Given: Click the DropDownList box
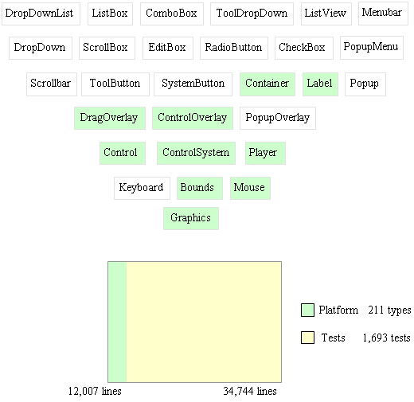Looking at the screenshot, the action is tap(41, 14).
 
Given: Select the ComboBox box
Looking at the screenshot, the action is tap(172, 14).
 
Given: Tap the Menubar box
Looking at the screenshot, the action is tap(383, 14).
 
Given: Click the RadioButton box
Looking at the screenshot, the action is tap(234, 48).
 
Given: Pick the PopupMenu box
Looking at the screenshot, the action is tap(372, 48).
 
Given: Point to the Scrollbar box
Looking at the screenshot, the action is tap(52, 84).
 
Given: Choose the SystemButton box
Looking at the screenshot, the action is tap(193, 84).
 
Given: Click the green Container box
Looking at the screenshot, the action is tap(268, 84).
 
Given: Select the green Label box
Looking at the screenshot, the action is tap(320, 84).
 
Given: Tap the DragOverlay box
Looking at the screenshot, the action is tap(110, 118).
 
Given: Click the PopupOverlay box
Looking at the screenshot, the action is tap(278, 118).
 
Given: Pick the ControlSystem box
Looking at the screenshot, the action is tap(196, 153).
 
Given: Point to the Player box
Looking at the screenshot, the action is tap(265, 153).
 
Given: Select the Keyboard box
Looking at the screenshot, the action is tap(142, 188).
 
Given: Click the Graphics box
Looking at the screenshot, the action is tap(191, 218).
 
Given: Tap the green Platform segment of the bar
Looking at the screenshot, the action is tap(117, 322).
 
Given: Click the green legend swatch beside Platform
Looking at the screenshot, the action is tap(307, 310).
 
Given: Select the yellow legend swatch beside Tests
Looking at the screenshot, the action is tap(307, 338).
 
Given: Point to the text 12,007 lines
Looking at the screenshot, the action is tap(95, 391).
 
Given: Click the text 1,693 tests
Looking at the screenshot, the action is tap(386, 338).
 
